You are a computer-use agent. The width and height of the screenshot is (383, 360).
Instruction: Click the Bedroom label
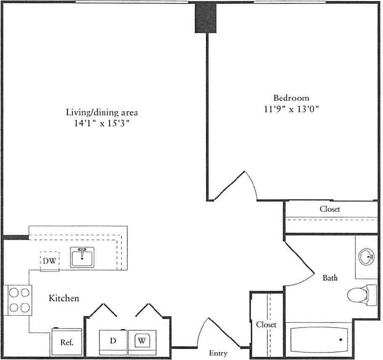coord(291,98)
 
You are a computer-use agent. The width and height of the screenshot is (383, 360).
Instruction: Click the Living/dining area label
coord(102,112)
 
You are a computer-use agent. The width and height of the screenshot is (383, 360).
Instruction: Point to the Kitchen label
coord(64,298)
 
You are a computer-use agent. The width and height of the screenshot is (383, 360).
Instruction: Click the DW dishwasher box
coord(49,261)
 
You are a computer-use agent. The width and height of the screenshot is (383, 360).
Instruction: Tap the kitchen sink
coord(82,258)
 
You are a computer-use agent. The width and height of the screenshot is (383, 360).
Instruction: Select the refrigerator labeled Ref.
coord(67,342)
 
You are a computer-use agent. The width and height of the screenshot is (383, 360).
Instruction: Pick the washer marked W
coord(142,340)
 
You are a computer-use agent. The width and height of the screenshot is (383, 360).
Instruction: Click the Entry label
coord(218,353)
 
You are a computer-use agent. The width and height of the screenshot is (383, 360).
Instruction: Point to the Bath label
coord(330,278)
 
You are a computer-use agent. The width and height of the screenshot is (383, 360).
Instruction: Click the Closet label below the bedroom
coord(330,209)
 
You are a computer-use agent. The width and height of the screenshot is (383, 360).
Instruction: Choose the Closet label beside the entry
coord(266,325)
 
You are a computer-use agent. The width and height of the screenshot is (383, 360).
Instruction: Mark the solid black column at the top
coord(205,18)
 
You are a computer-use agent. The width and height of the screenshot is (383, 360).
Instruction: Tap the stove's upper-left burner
coord(14,292)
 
